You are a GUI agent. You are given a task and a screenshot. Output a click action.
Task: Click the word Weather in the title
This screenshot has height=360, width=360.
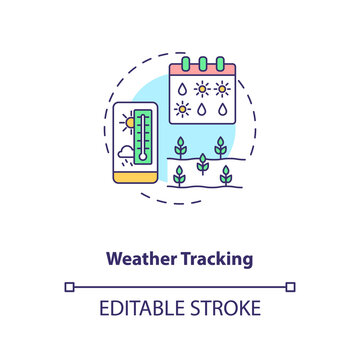(x=141, y=258)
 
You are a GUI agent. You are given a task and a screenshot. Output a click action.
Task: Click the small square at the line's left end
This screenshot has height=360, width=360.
(x=69, y=287)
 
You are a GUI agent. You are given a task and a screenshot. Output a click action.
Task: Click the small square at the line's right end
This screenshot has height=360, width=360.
(x=290, y=287)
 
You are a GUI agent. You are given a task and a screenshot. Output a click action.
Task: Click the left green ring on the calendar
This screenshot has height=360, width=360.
(x=182, y=63)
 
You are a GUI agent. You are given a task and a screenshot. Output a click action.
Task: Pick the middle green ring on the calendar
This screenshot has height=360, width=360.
(x=203, y=63)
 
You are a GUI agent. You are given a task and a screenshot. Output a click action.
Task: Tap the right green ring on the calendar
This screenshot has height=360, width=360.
(x=224, y=63)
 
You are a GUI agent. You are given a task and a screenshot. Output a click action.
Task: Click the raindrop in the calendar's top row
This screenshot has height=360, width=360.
(x=182, y=87)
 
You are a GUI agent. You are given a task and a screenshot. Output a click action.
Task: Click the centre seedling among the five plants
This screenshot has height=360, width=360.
(x=202, y=162)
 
